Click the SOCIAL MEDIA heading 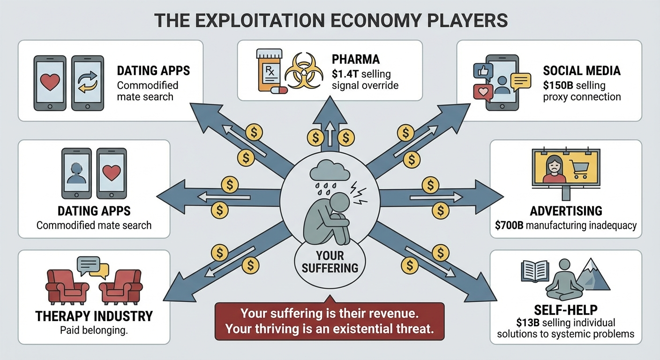click(x=582, y=71)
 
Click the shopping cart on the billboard click(x=579, y=167)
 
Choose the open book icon click(x=535, y=272)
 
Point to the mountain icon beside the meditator click(x=594, y=276)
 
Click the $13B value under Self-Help click(x=521, y=323)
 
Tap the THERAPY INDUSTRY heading click(x=94, y=316)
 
